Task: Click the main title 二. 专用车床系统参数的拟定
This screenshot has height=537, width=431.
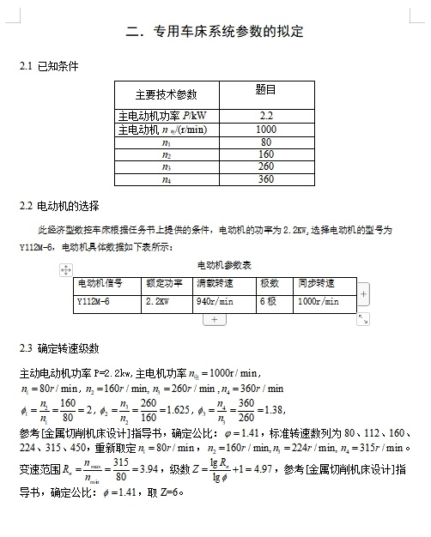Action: pos(214,33)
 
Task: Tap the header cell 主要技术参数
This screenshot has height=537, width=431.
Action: pos(166,94)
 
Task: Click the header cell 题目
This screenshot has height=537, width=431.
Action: pos(265,89)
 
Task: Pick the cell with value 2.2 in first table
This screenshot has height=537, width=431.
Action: pos(265,115)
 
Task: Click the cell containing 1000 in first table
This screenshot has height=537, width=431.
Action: pos(265,129)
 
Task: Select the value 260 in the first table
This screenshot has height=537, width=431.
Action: pos(265,166)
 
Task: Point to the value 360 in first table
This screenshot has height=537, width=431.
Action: pos(265,179)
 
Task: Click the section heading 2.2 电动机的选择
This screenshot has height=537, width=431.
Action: pos(59,206)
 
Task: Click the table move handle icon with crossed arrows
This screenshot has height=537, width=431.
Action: pos(64,269)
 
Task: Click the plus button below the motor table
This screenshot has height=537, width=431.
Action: pos(214,319)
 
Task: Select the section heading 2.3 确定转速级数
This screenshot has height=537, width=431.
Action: pos(59,348)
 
